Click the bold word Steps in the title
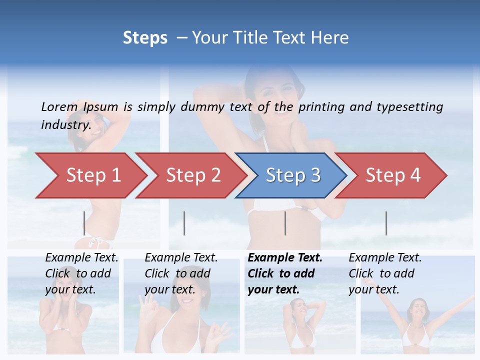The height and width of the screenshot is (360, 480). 145,38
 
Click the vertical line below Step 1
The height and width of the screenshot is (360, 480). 84,223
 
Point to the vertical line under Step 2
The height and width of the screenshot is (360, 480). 184,223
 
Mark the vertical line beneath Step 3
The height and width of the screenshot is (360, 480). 285,223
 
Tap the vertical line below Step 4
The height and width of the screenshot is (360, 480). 386,223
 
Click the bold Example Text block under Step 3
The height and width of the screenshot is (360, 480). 285,273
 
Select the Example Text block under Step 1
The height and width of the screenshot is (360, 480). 81,273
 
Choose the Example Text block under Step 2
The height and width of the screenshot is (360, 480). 181,273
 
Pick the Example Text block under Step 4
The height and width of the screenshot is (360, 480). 385,273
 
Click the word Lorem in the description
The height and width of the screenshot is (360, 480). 59,106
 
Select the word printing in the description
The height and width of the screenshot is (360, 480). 321,107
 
